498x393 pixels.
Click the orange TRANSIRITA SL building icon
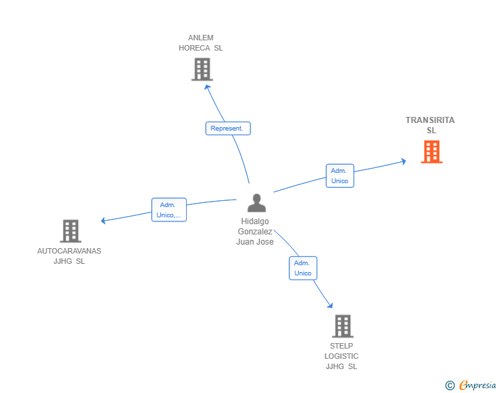coord(432,152)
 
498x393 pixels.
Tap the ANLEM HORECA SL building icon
coord(201,69)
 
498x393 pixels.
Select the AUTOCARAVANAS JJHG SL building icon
coord(70,231)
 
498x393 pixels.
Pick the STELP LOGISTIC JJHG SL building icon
coord(342,326)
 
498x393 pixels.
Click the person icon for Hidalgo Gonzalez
coord(257,203)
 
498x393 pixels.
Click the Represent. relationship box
coord(228,128)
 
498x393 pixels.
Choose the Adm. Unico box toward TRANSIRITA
coord(339,176)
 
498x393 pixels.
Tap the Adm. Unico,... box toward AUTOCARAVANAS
coord(168,210)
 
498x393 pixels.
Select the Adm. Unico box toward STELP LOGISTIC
coord(302,268)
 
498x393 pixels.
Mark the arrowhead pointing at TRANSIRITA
coord(404,161)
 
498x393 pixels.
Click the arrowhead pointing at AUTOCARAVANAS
coord(103,220)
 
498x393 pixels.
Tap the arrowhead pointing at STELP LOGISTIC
coord(330,306)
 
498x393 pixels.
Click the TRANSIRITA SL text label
coord(430,125)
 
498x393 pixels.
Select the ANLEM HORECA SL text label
coord(200,43)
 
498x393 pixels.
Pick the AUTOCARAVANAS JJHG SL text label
coord(69,256)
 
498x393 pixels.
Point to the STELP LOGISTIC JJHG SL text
coord(341,356)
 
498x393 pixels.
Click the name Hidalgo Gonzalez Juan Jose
coord(255,232)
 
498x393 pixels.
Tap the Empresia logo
coord(477,385)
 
